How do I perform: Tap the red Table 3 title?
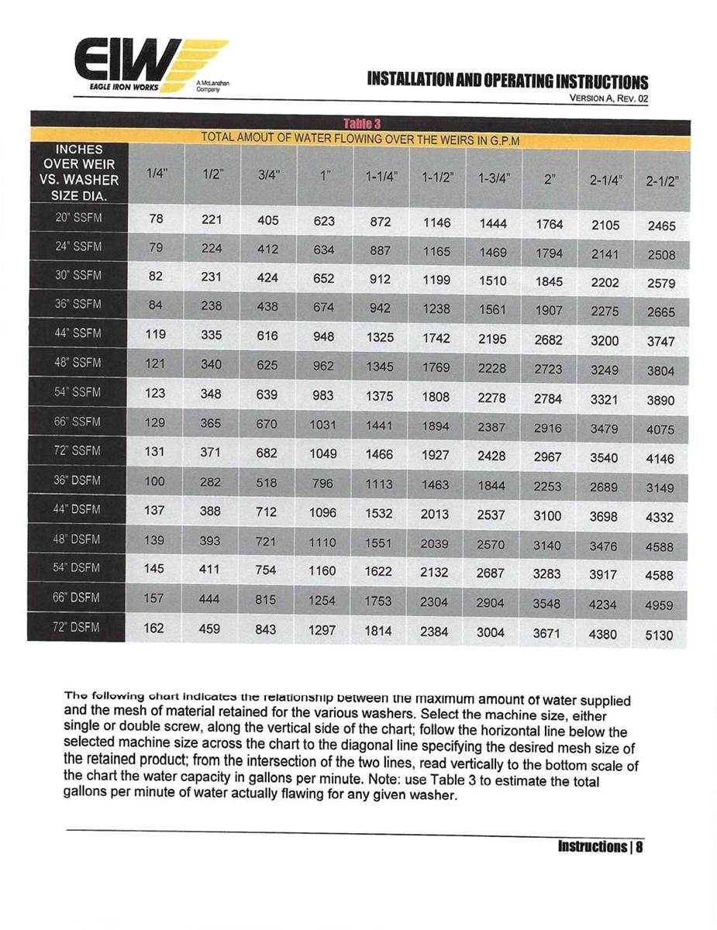pos(360,124)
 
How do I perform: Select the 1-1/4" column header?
pos(381,177)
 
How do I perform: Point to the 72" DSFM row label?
pos(77,627)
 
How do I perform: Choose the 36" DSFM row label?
pos(77,480)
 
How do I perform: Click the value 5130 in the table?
pos(660,635)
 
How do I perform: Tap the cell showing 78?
pos(155,219)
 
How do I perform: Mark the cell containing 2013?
pos(435,513)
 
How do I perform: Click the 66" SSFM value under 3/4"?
pos(266,424)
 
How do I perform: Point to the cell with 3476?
pos(605,546)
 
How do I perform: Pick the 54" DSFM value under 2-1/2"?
pos(660,575)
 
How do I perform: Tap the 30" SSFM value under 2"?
pos(548,282)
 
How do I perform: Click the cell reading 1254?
pos(322,601)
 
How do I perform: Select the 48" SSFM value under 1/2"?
pos(210,364)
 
